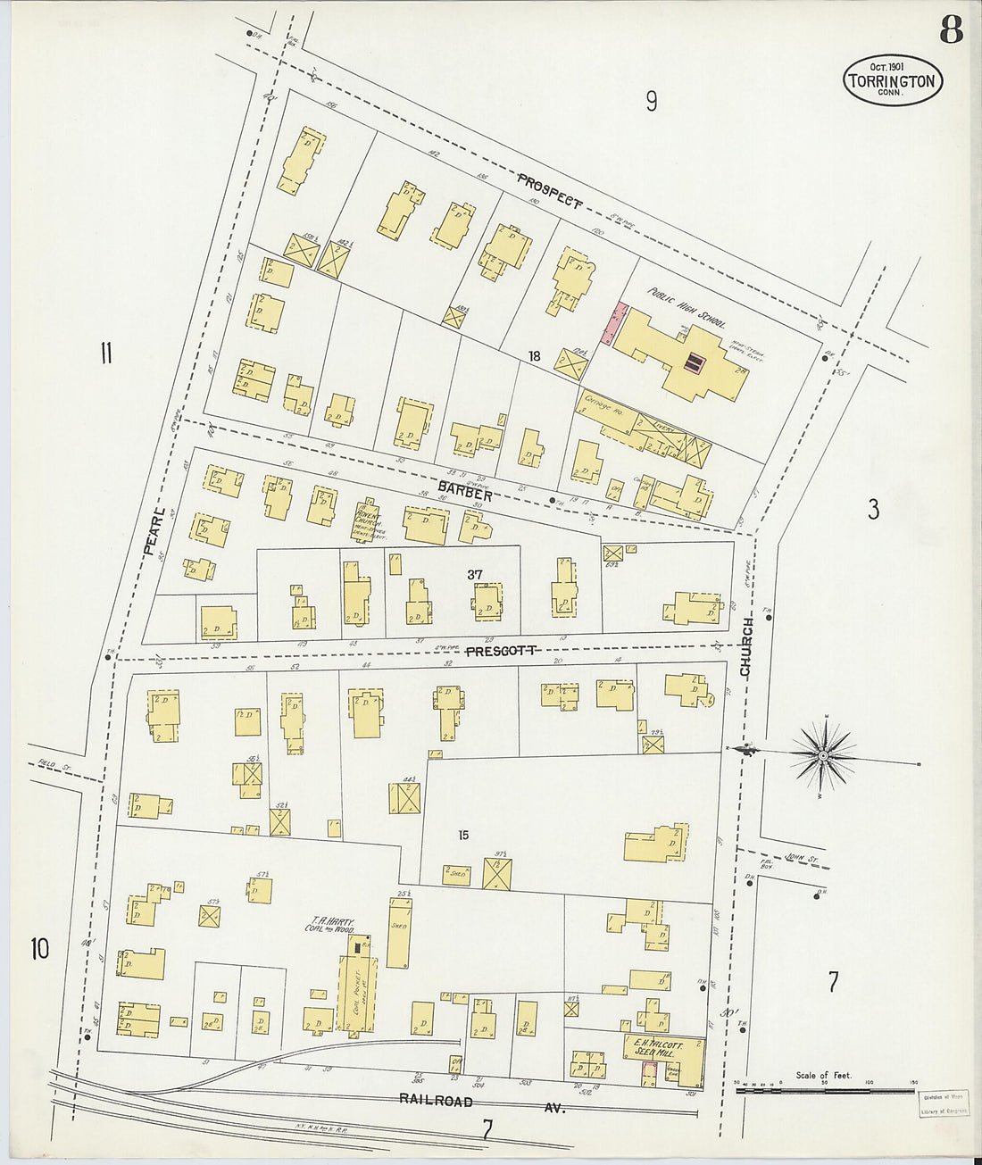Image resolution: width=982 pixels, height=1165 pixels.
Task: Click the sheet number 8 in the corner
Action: coord(950,30)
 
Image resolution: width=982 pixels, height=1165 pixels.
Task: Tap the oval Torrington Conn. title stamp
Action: coord(892,81)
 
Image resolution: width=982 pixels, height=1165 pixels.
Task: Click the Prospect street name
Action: coord(550,190)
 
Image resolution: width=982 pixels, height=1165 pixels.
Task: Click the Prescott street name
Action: coord(500,651)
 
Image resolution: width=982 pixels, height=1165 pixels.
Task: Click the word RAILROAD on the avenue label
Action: coord(437,1101)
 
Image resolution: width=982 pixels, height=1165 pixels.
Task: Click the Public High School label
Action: coord(687,308)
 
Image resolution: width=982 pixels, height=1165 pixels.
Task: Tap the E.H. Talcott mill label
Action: coord(658,1048)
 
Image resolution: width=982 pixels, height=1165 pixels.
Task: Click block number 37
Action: coord(475,575)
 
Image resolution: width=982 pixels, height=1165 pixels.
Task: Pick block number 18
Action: coord(534,356)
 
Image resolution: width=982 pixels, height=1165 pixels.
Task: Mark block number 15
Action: coord(463,836)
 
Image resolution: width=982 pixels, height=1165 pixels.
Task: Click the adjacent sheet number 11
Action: coord(105,354)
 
